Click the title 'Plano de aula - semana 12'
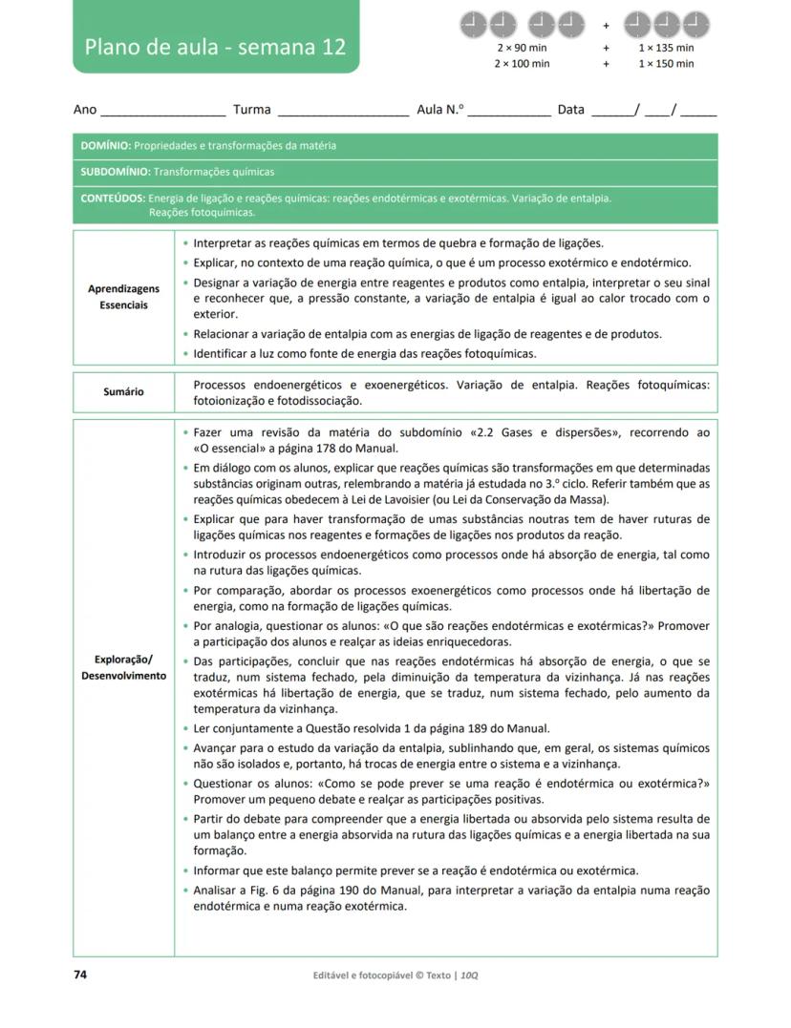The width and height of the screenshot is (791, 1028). tap(215, 47)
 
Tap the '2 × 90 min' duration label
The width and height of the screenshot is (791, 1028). tap(522, 48)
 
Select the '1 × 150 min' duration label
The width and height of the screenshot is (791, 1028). tap(666, 64)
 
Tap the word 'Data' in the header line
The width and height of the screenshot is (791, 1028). tap(570, 110)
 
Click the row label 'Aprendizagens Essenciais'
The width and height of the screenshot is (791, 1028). tap(123, 297)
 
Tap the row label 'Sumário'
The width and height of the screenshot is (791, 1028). tap(123, 391)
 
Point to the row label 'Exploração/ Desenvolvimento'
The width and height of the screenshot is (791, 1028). tap(123, 668)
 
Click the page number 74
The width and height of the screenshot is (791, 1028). tap(80, 975)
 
